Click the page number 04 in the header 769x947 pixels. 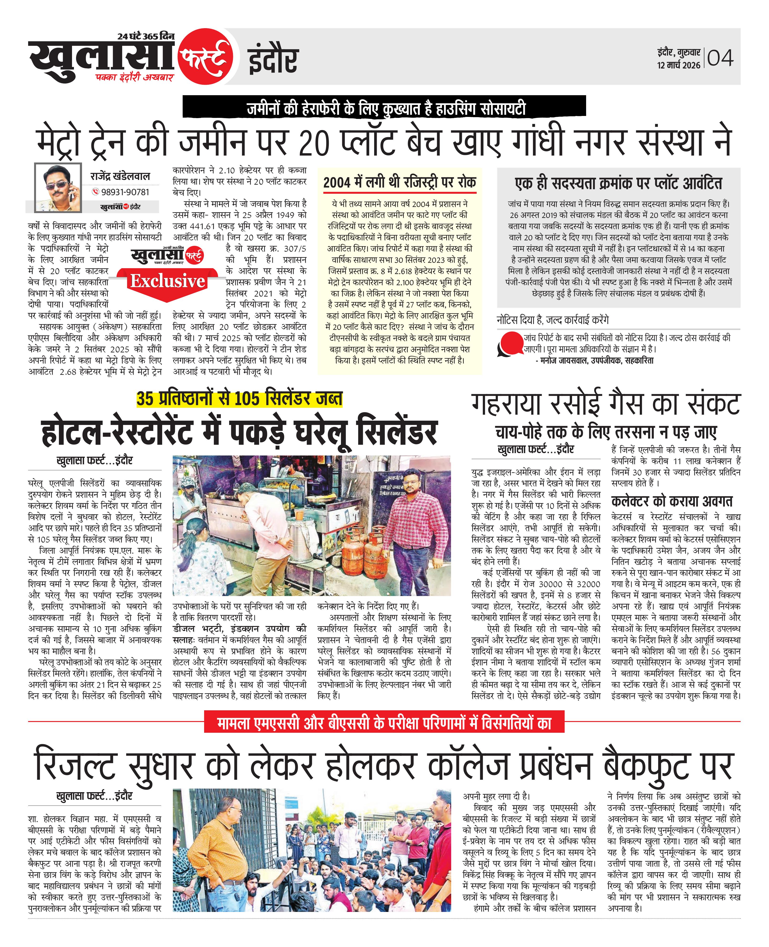click(720, 58)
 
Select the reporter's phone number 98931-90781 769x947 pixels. click(125, 192)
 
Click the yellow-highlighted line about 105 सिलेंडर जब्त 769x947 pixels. click(239, 399)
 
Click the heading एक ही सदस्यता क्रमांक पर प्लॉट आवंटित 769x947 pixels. click(618, 183)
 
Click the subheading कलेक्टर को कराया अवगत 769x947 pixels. click(671, 501)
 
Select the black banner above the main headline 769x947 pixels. click(384, 107)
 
